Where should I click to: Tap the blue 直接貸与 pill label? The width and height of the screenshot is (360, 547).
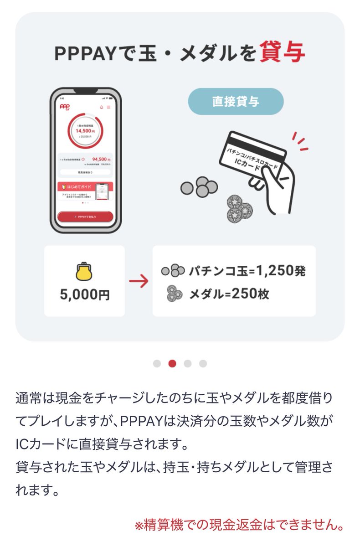pos(236,101)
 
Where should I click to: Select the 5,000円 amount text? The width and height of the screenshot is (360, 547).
pos(85,294)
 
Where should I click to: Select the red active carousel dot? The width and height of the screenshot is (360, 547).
pos(172,363)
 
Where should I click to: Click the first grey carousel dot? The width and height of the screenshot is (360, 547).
pos(157,363)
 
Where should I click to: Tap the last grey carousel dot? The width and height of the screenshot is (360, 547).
pos(203,363)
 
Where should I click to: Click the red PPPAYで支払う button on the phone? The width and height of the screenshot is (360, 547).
pos(86,217)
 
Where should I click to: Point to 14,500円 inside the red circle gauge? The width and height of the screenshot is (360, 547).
pos(85,130)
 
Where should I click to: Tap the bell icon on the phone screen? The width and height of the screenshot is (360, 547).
pos(101,107)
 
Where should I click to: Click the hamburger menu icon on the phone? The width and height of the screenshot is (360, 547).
pos(108,107)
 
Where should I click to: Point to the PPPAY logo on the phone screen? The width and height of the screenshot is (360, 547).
pos(64,107)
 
